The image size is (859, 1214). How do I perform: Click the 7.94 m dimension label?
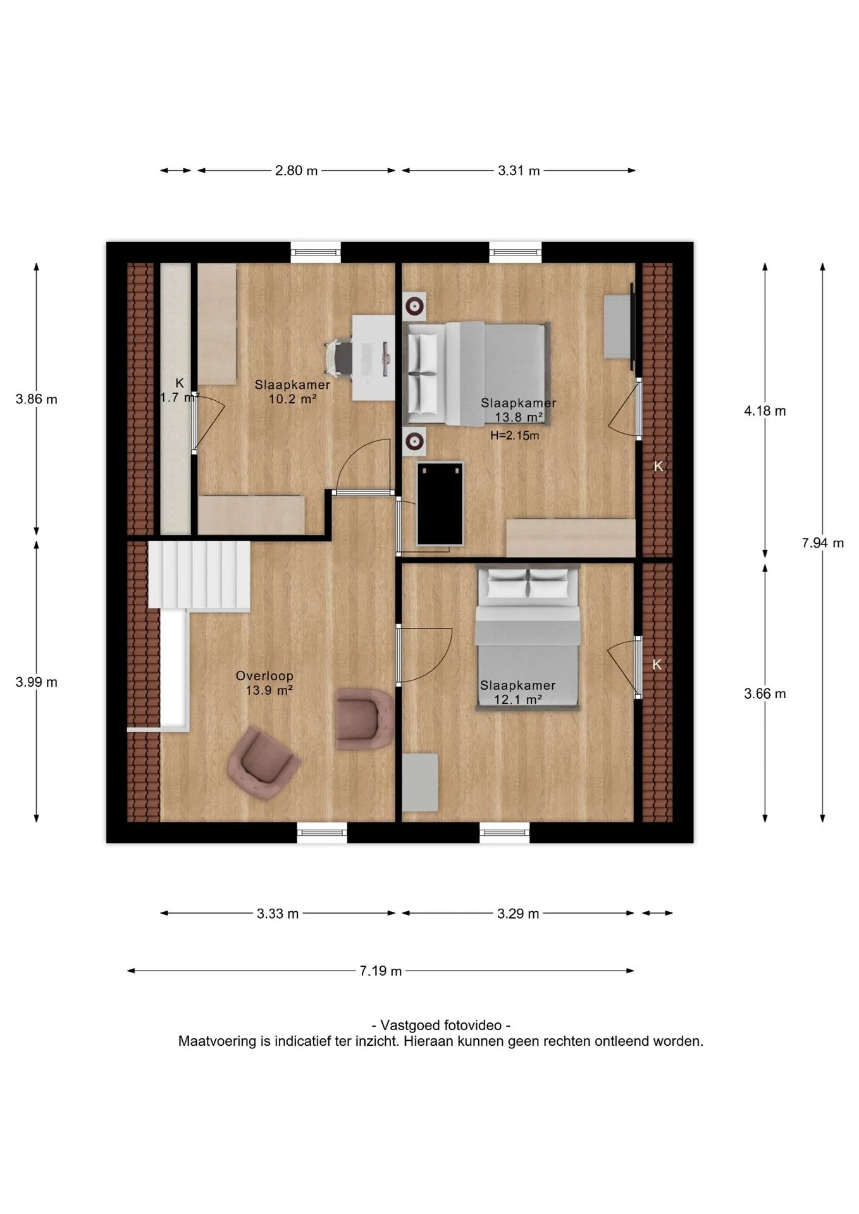click(822, 543)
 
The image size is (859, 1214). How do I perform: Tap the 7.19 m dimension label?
click(381, 971)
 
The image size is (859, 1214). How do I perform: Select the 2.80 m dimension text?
click(296, 171)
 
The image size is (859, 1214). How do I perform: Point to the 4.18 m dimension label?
click(765, 411)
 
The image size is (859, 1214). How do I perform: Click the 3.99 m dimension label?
click(37, 682)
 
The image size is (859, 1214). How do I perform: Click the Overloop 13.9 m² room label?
click(265, 683)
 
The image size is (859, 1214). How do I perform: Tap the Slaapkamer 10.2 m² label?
click(292, 391)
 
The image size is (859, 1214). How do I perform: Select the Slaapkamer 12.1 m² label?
click(517, 692)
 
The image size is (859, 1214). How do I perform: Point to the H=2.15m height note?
click(515, 436)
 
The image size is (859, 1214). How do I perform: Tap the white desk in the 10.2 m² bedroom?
click(373, 357)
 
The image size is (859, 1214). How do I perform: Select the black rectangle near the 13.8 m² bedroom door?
click(440, 503)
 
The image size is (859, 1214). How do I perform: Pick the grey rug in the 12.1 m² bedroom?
click(420, 782)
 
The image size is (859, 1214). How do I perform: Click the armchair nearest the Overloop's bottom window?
click(263, 763)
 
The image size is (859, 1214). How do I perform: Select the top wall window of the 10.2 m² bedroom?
click(316, 252)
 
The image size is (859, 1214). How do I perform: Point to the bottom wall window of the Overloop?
click(322, 832)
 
